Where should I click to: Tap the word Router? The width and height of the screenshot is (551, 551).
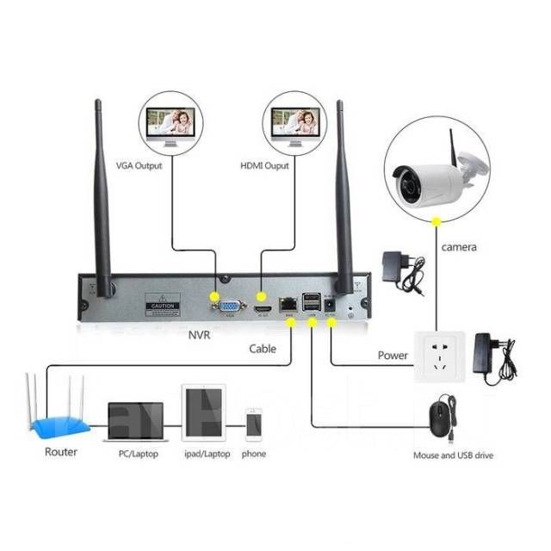60,452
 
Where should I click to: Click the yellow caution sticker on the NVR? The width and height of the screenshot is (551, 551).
163,306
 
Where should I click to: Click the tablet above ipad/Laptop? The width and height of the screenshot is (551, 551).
203,413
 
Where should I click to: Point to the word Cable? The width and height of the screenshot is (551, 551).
263,349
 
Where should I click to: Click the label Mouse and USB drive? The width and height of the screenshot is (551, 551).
453,455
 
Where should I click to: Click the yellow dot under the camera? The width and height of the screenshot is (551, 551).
437,223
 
